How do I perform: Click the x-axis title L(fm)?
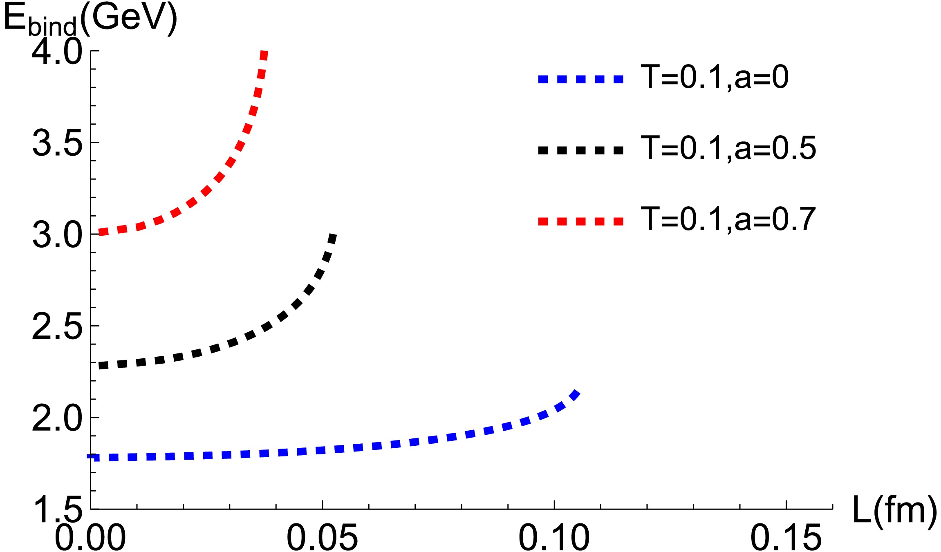tap(894, 510)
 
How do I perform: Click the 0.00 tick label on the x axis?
tap(90, 537)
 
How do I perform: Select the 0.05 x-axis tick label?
tap(322, 537)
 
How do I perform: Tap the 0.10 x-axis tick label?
tap(554, 537)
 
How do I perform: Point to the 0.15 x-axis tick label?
tap(786, 537)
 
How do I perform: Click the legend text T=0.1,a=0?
tap(715, 77)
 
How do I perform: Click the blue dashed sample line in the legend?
tap(581, 79)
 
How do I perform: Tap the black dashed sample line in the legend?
tap(581, 150)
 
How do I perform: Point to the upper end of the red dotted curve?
tap(264, 53)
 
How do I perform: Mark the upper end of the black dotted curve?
tap(333, 236)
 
